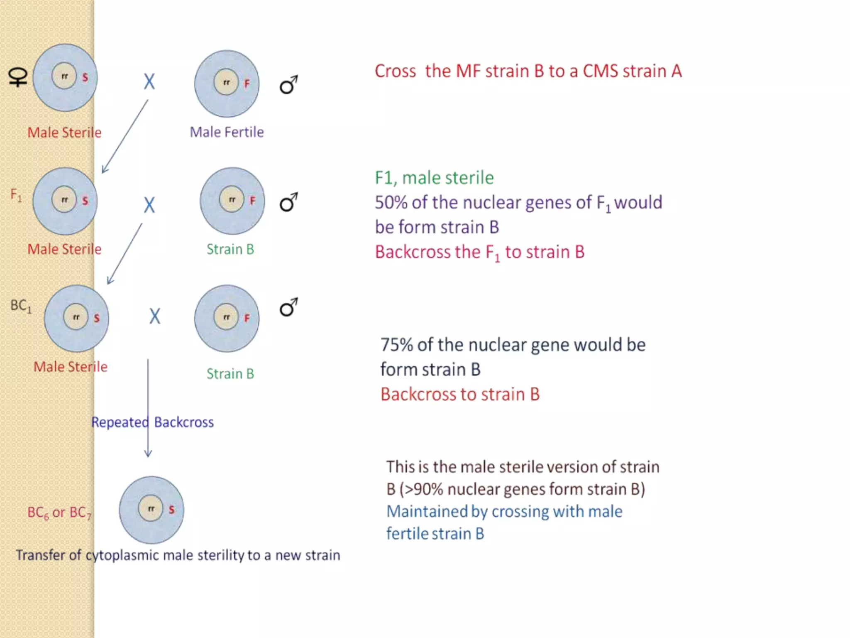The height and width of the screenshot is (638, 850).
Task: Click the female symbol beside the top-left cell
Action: (18, 77)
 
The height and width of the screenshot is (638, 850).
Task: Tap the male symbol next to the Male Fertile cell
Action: (288, 85)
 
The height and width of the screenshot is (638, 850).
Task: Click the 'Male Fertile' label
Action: (227, 132)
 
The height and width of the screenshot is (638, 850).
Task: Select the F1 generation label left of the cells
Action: (16, 195)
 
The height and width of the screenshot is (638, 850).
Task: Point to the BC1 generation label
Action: (21, 306)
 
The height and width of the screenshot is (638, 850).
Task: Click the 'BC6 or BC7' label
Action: (59, 513)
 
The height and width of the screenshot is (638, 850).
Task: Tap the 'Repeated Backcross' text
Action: (152, 422)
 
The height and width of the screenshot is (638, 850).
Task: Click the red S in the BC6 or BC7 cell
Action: (171, 510)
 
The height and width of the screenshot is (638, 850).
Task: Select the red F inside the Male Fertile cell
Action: (247, 84)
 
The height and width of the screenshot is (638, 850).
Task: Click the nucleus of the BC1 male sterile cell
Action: (76, 317)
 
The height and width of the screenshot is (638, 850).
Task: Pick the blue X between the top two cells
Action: (149, 81)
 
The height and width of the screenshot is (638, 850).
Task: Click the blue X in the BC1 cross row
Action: (155, 317)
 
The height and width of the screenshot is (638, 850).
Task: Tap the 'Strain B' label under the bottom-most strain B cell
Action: (230, 374)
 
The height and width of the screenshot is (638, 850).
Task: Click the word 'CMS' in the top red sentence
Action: (600, 71)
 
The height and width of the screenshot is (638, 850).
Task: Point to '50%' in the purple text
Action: (391, 203)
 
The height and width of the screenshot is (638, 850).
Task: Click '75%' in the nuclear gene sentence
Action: (396, 345)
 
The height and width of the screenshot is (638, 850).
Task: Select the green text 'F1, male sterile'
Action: (434, 178)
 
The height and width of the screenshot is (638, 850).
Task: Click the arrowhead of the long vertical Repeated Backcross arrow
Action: (148, 454)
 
